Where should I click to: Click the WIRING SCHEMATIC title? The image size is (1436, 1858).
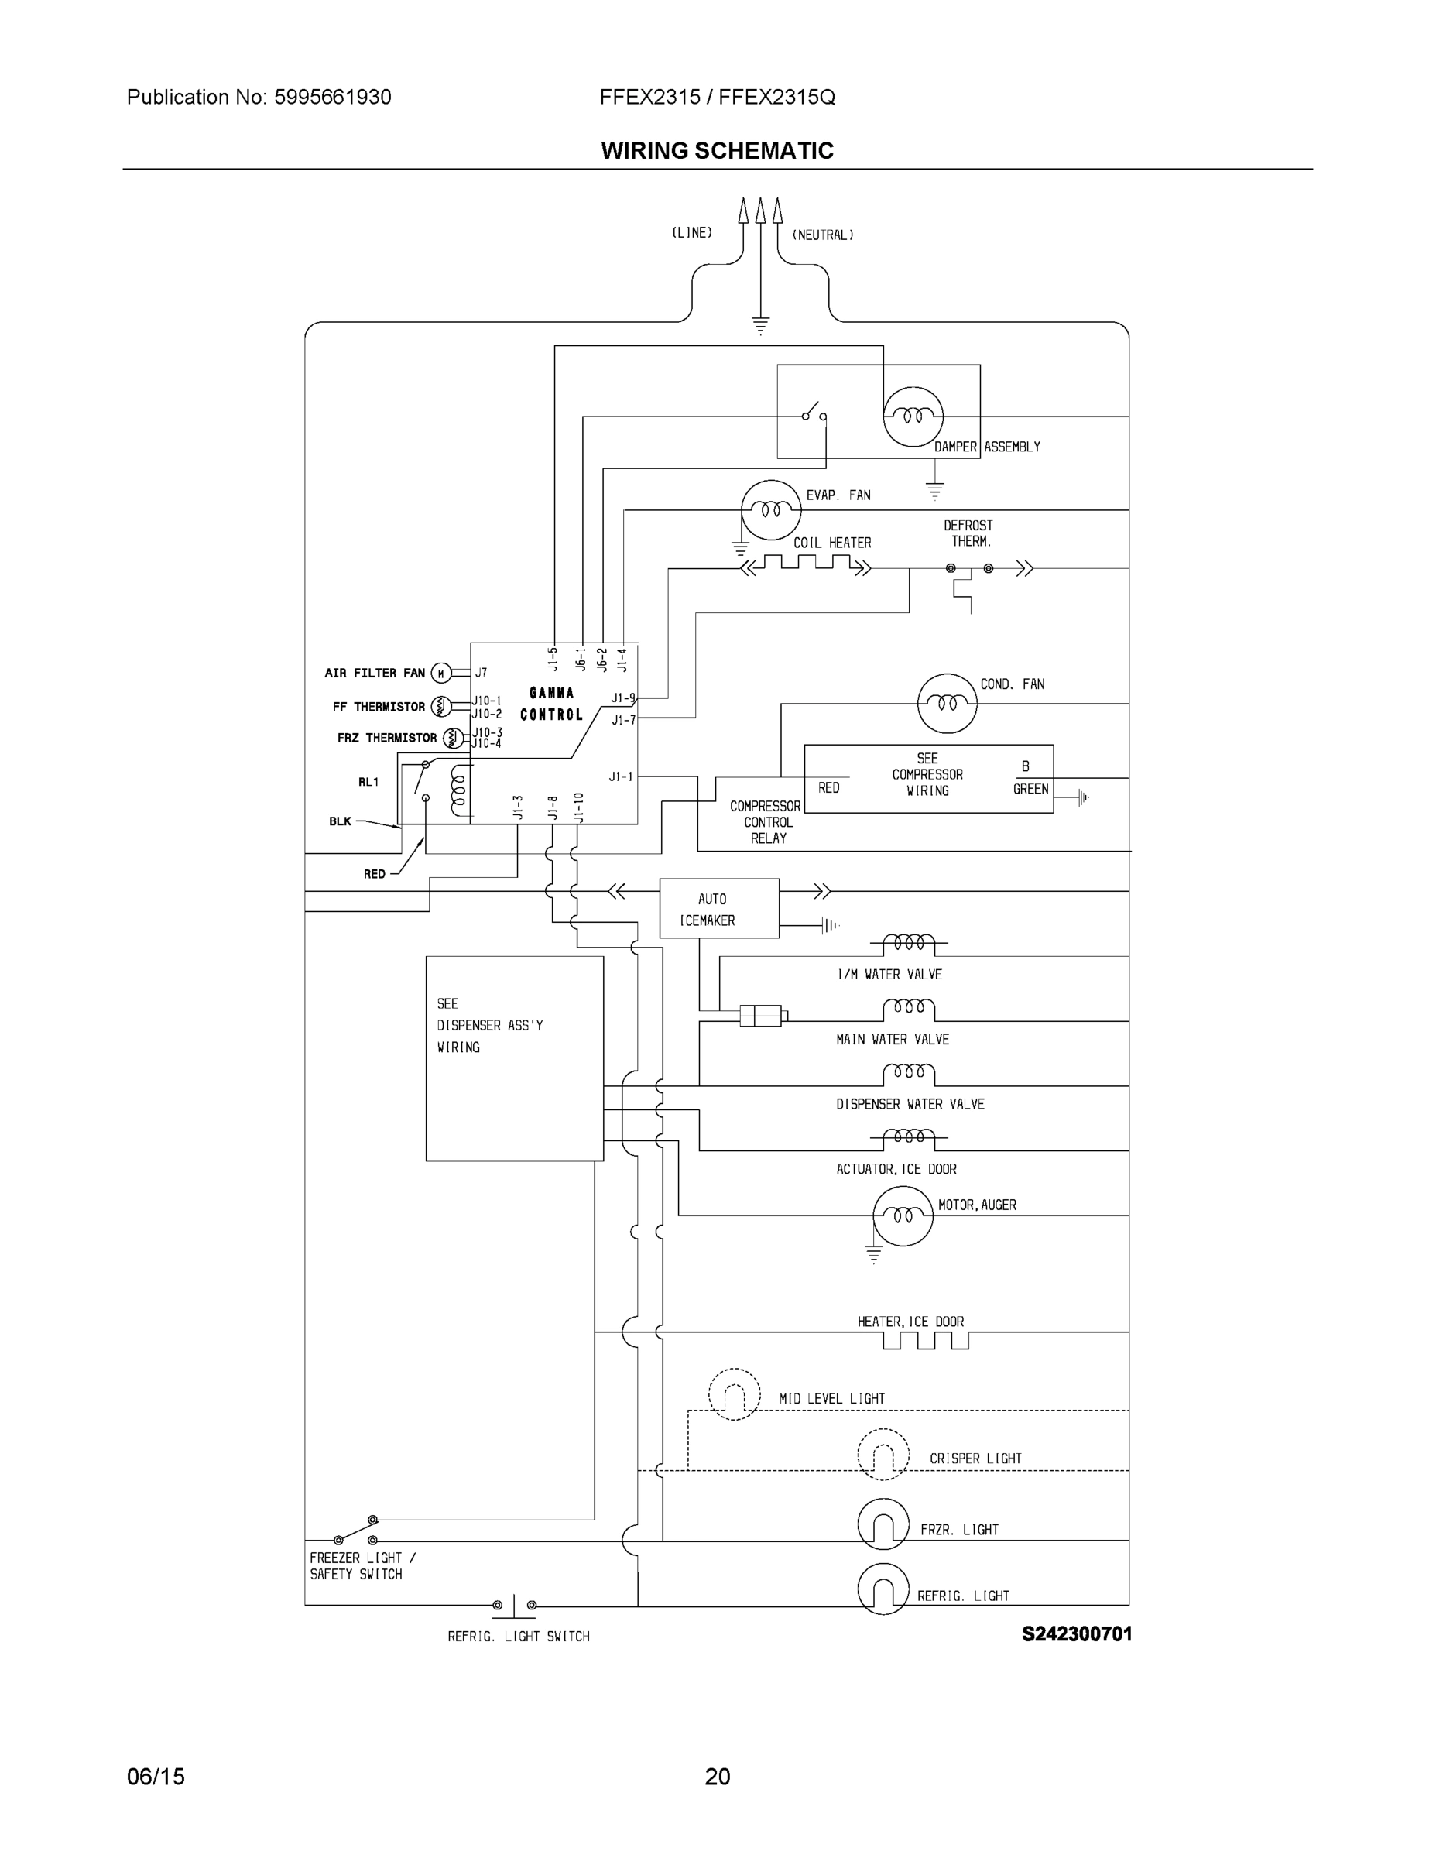pyautogui.click(x=717, y=151)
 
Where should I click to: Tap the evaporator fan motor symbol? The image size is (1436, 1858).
pyautogui.click(x=771, y=509)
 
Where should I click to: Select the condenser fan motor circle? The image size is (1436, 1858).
pyautogui.click(x=947, y=703)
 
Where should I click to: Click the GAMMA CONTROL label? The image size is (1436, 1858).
pyautogui.click(x=551, y=704)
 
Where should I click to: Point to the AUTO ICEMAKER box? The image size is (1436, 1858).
pyautogui.click(x=719, y=909)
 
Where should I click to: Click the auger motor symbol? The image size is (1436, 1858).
pyautogui.click(x=903, y=1215)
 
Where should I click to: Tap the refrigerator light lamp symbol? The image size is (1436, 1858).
pyautogui.click(x=883, y=1589)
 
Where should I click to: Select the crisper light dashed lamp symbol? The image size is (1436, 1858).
pyautogui.click(x=883, y=1454)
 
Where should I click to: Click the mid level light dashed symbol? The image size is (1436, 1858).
pyautogui.click(x=734, y=1394)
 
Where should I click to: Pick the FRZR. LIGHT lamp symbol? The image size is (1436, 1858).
pyautogui.click(x=883, y=1524)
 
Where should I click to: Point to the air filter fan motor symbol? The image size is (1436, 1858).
pyautogui.click(x=440, y=674)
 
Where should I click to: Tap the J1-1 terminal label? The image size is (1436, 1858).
pyautogui.click(x=621, y=776)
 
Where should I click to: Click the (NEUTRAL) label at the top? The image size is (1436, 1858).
pyautogui.click(x=823, y=235)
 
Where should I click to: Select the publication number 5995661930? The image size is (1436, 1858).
pyautogui.click(x=333, y=97)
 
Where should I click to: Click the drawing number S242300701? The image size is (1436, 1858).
pyautogui.click(x=1076, y=1634)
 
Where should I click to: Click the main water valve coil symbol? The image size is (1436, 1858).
pyautogui.click(x=909, y=1010)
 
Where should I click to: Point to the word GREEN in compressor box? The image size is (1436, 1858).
pyautogui.click(x=1030, y=790)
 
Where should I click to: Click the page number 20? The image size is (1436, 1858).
pyautogui.click(x=717, y=1777)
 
